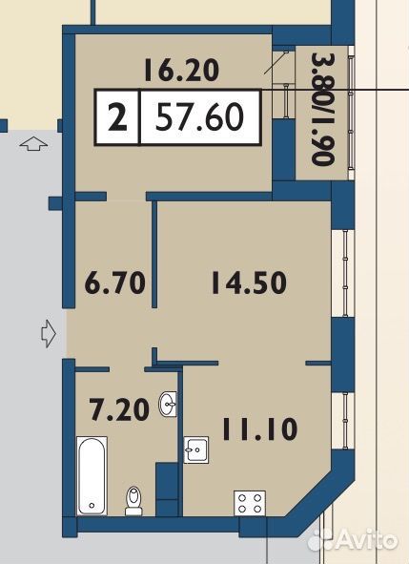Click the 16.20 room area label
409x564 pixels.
(181, 71)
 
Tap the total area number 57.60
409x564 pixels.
(200, 116)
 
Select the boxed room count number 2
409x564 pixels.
(117, 116)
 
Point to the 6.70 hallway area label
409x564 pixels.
(115, 282)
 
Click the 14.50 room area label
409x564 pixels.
(249, 282)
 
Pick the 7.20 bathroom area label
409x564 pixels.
(119, 409)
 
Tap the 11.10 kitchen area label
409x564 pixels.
(260, 428)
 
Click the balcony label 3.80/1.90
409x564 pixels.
(323, 110)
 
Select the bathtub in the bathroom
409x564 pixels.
(92, 475)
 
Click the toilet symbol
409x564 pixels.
(133, 500)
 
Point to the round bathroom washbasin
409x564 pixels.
(168, 405)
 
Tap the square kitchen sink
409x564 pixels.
(196, 449)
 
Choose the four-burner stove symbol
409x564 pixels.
(250, 503)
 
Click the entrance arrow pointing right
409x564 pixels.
(49, 333)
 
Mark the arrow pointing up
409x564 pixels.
(33, 144)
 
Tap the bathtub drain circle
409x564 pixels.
(92, 506)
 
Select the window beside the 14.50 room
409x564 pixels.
(345, 273)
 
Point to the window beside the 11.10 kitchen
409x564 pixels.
(345, 421)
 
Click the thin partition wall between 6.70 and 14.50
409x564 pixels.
(154, 255)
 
